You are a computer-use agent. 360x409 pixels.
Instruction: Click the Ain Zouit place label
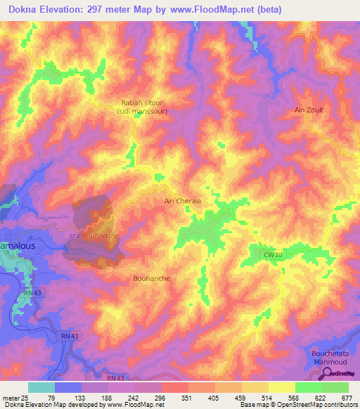point(309,110)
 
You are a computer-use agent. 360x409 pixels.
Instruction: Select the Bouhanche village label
point(151,278)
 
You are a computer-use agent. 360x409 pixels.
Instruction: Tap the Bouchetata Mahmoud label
point(330,356)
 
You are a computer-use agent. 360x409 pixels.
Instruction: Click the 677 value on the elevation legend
point(347,397)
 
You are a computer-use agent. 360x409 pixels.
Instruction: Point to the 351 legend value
point(187,397)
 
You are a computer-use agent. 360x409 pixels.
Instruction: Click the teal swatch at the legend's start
point(41,387)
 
